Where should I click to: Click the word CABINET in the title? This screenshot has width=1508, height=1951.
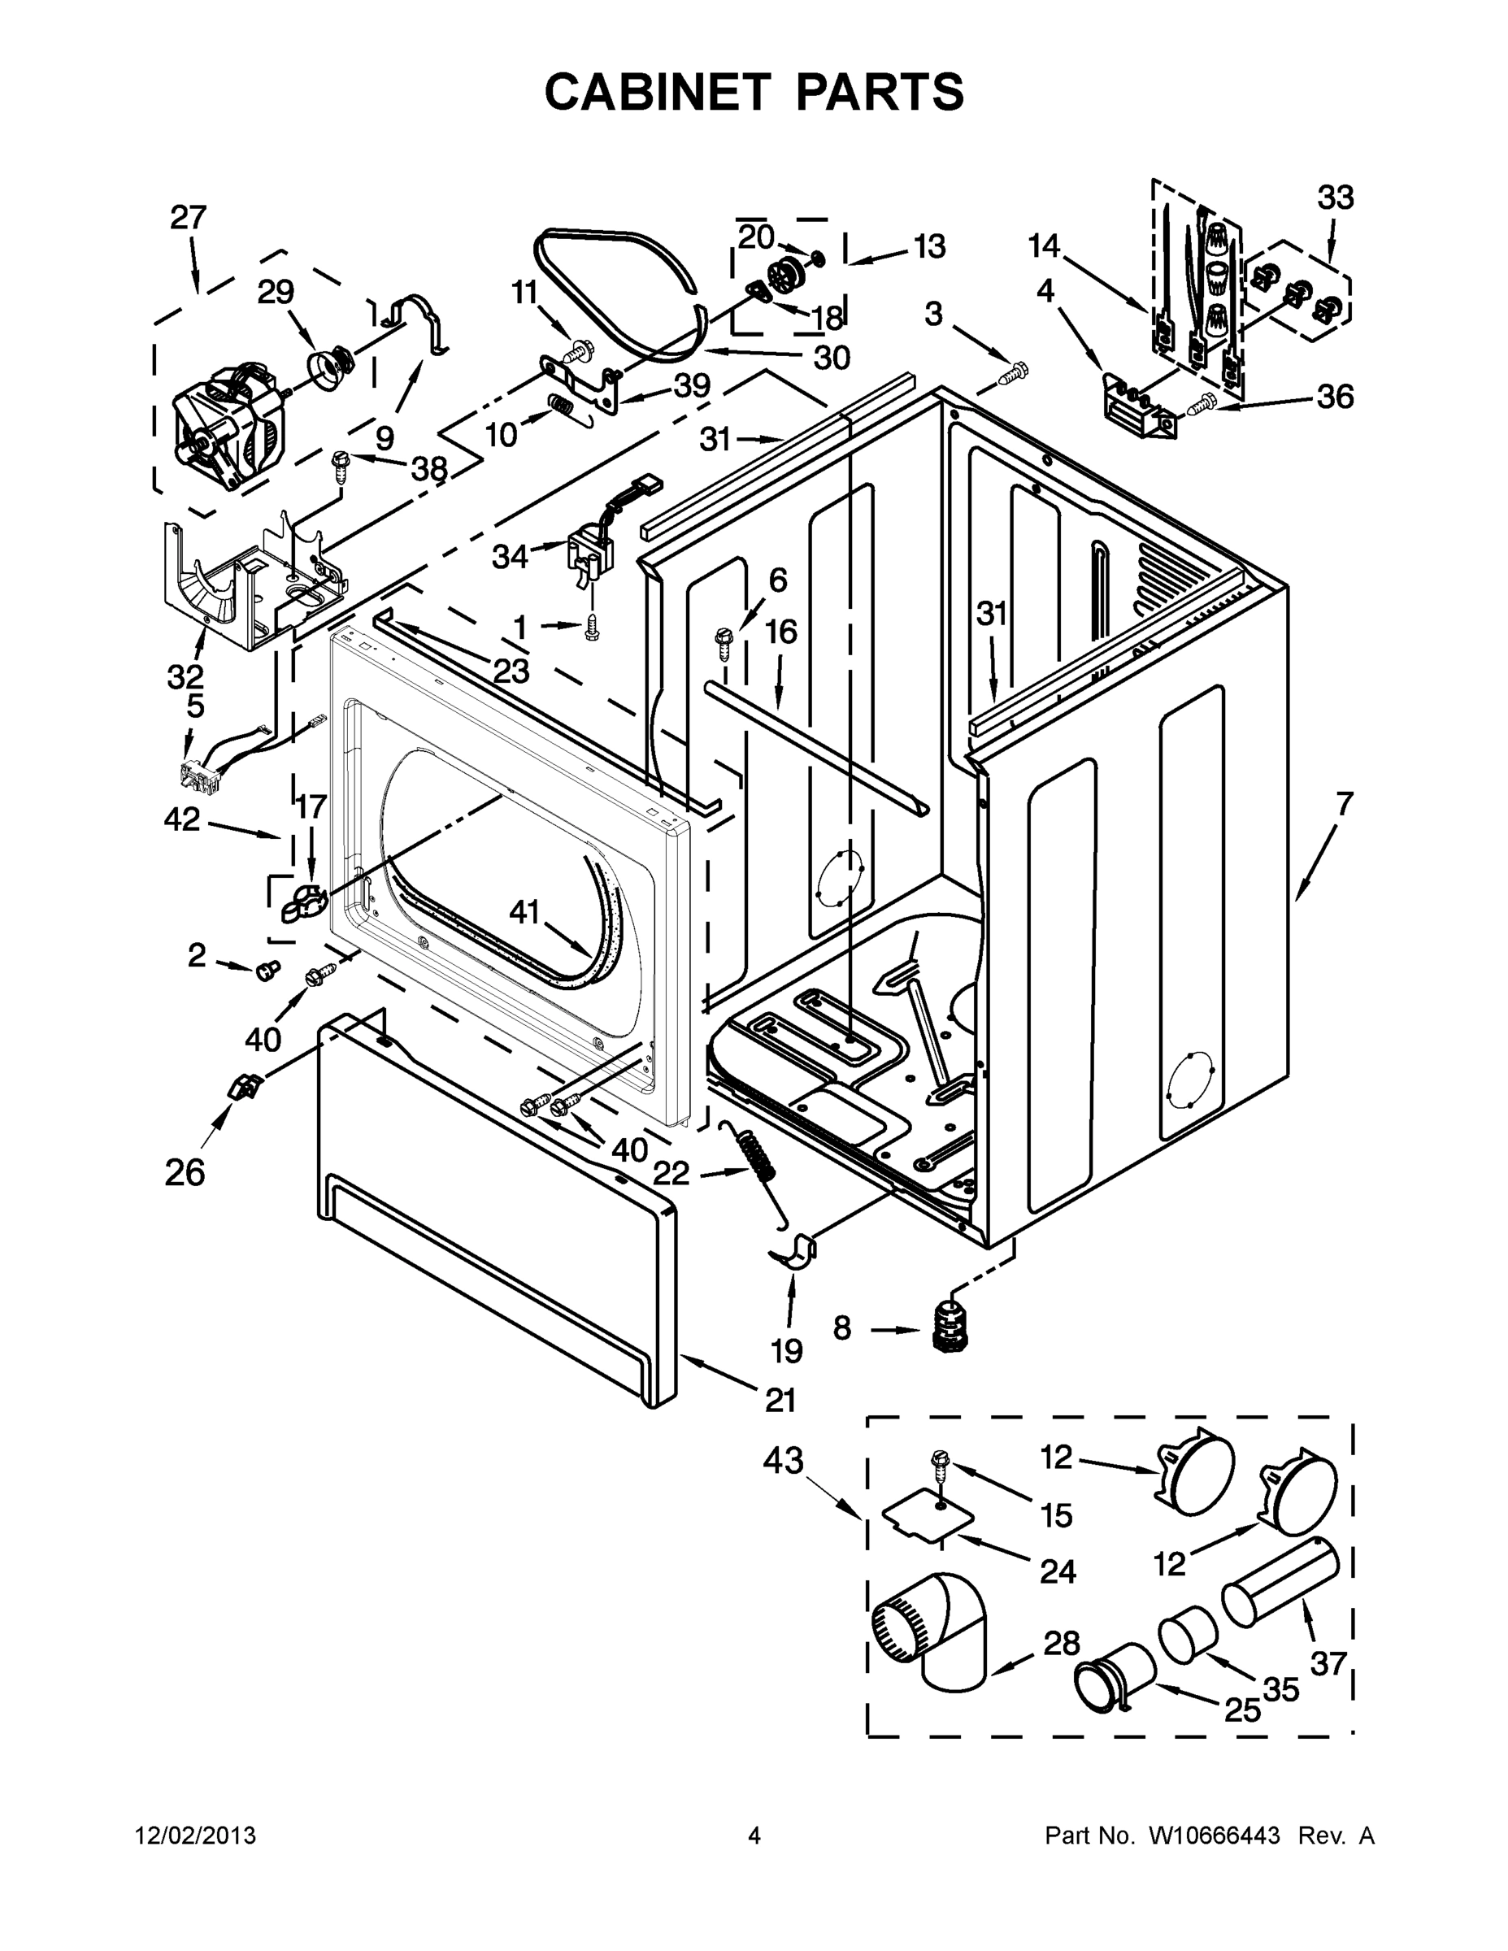(x=657, y=91)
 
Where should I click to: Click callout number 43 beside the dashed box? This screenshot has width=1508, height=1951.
(x=783, y=1462)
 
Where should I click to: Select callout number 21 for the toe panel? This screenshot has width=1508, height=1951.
(x=780, y=1400)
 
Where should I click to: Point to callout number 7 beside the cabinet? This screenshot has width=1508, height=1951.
(x=1344, y=804)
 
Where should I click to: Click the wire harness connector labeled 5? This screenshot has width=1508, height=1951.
(x=202, y=776)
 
